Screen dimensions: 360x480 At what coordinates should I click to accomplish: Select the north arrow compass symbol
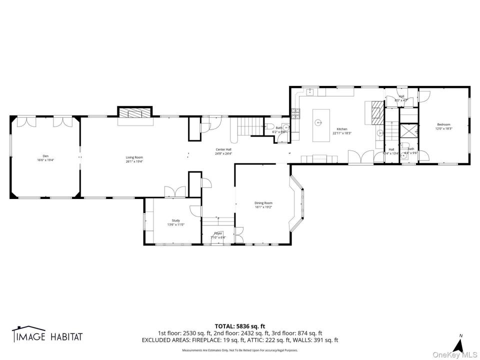pyautogui.click(x=456, y=344)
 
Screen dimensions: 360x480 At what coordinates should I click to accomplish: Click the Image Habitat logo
pyautogui.click(x=47, y=336)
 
